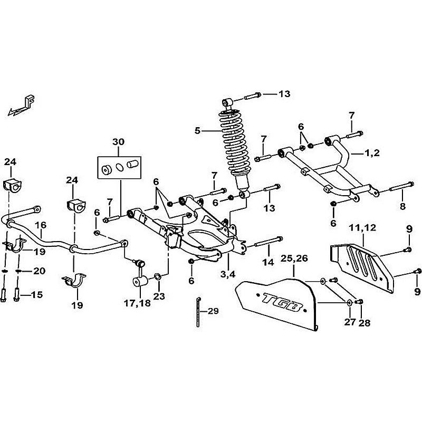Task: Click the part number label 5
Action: tap(198, 130)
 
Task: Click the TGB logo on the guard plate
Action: tap(281, 303)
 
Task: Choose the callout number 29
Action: tap(212, 312)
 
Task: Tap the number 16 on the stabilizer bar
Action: tap(40, 225)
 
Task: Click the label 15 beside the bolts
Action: tap(37, 294)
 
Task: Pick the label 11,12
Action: tap(363, 227)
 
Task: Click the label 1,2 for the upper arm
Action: tap(371, 153)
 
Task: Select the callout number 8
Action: tap(403, 206)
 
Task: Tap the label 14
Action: tap(268, 262)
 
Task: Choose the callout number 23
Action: tap(158, 294)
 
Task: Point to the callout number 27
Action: tap(349, 321)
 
